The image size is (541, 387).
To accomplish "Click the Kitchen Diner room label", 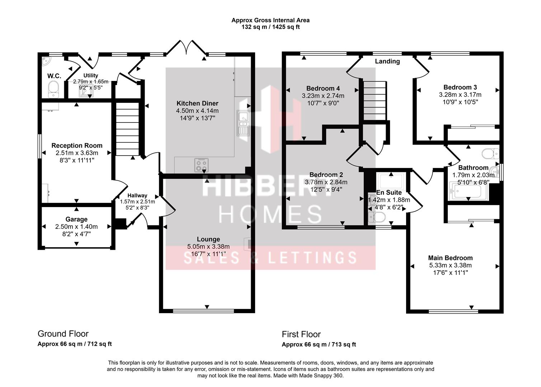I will (197, 104).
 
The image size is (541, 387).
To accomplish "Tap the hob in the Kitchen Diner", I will (201, 165).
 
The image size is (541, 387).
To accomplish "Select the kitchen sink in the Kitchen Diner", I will (243, 123).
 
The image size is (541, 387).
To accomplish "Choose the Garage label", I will (76, 219).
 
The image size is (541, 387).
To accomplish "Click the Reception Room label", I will (77, 145).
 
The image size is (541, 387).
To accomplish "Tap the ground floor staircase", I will (127, 129).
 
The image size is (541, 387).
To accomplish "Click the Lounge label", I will (208, 239).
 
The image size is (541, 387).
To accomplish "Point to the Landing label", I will (387, 61).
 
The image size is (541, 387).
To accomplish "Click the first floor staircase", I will (375, 100).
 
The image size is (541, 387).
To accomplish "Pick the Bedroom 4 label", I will (323, 89).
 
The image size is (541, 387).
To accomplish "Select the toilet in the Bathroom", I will (490, 154).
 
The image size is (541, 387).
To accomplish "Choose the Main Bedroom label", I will (451, 258).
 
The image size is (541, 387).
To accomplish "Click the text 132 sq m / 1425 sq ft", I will (270, 27).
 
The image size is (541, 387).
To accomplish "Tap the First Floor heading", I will (301, 334).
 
